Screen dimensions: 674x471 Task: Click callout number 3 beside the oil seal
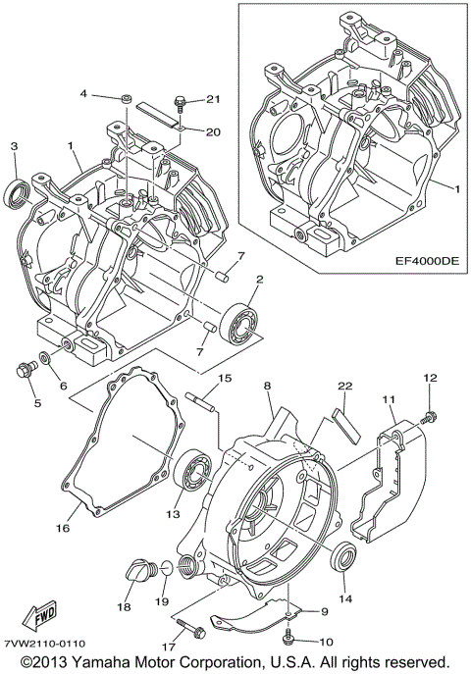click(14, 146)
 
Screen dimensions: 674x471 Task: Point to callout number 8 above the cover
click(266, 388)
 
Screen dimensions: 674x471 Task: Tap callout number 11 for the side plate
click(388, 401)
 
